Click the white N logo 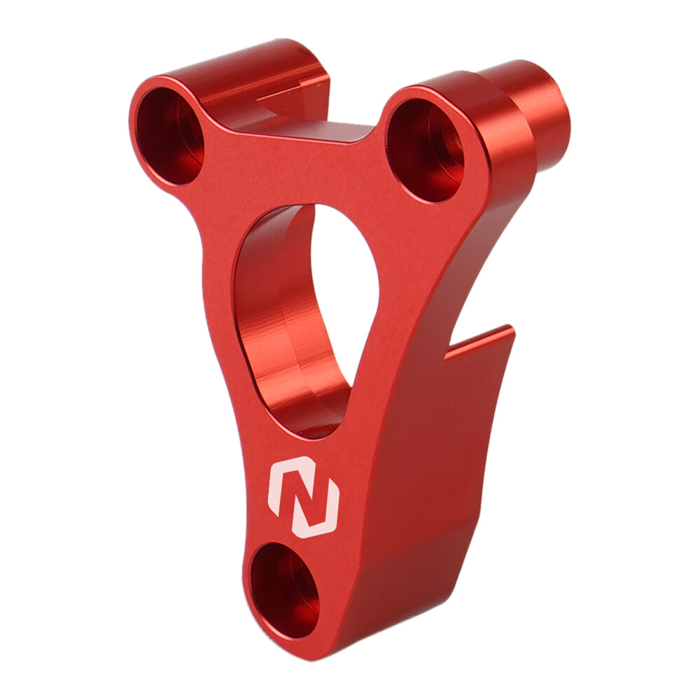[x=304, y=498]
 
